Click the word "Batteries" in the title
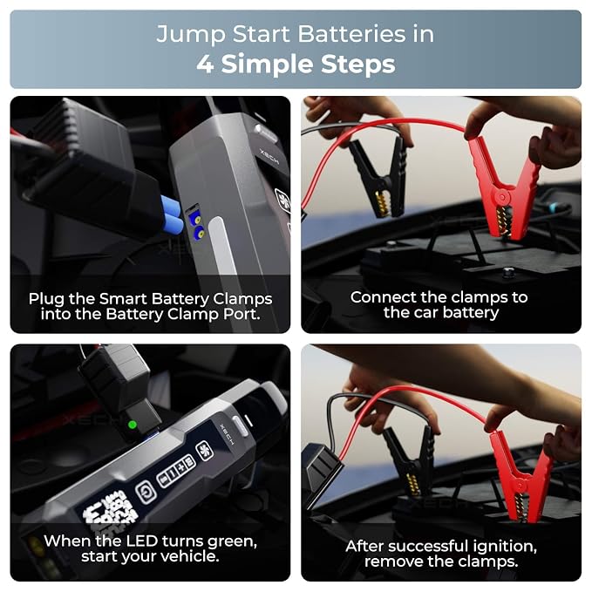(x=351, y=34)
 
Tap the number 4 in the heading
(x=205, y=64)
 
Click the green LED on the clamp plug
(x=133, y=425)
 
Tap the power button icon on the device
(x=146, y=492)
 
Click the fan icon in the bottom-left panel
(x=205, y=451)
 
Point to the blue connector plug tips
(x=173, y=216)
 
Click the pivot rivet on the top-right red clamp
(x=501, y=197)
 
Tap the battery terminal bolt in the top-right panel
(x=508, y=270)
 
